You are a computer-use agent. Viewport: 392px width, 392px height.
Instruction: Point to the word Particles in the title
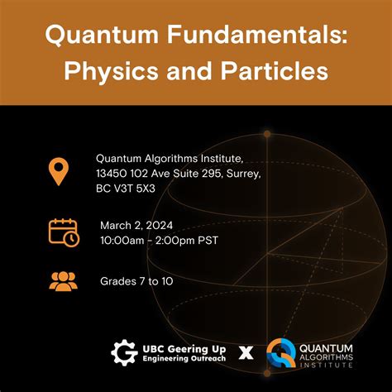(272, 72)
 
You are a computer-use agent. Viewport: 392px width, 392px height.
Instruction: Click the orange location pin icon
(58, 171)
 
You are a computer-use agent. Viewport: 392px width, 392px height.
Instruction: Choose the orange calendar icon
(64, 232)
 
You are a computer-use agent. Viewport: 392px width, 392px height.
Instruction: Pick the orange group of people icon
(63, 280)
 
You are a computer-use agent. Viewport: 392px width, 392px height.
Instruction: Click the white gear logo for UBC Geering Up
(123, 352)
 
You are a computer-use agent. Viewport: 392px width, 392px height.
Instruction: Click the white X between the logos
(246, 353)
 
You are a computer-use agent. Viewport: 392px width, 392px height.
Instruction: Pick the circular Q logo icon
(282, 353)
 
